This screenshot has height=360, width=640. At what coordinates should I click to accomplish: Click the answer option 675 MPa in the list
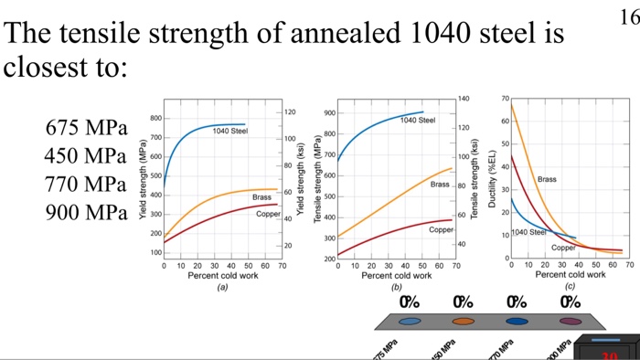tap(86, 127)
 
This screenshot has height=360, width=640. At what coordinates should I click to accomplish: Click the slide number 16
tap(627, 17)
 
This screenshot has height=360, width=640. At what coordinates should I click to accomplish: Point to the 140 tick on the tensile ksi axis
tap(463, 98)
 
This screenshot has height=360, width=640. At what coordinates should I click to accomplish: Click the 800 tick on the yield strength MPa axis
tap(155, 119)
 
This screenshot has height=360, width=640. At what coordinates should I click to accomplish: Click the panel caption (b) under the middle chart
tap(397, 285)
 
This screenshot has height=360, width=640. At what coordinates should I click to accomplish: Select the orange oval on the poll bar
tap(464, 321)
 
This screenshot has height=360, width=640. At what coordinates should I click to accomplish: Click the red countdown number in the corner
tap(609, 355)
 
